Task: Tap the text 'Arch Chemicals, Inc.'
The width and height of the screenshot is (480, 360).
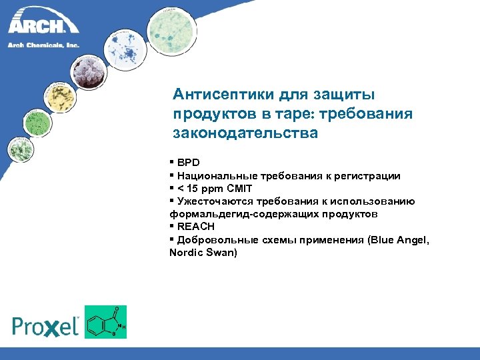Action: [43, 45]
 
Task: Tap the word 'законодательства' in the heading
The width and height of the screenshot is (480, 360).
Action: [245, 133]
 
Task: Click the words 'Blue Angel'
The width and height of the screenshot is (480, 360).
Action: [396, 240]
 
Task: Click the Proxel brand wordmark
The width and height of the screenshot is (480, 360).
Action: [45, 325]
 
